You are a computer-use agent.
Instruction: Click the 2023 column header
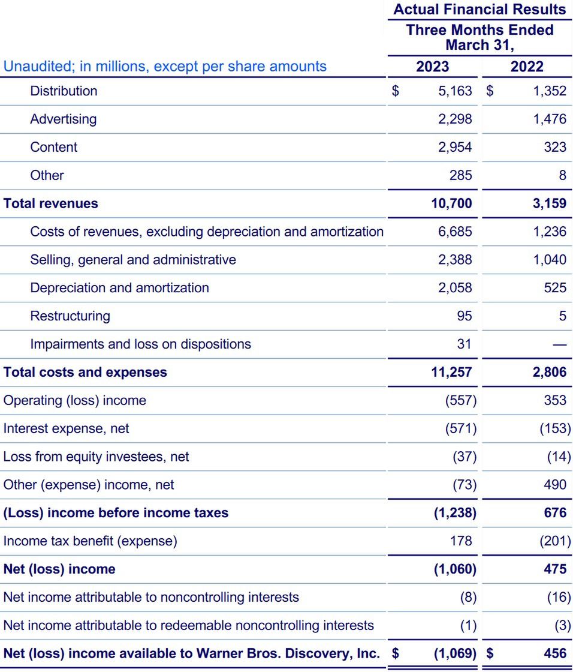click(x=432, y=66)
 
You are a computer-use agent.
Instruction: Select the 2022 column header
click(x=527, y=66)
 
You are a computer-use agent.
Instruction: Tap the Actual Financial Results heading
click(x=479, y=10)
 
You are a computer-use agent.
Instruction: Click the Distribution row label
click(x=64, y=91)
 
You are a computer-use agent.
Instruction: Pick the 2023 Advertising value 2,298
click(x=455, y=119)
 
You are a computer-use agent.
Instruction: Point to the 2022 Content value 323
click(x=554, y=148)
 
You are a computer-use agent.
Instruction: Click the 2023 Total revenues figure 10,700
click(x=451, y=204)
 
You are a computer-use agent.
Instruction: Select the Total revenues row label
click(x=51, y=204)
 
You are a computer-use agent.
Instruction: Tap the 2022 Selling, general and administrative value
click(x=550, y=260)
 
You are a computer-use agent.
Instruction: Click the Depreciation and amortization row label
click(x=119, y=288)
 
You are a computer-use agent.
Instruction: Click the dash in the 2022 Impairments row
click(x=559, y=344)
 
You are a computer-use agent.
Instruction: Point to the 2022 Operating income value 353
click(x=554, y=400)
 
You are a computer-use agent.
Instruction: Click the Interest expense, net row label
click(x=66, y=428)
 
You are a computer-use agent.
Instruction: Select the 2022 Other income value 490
click(x=554, y=485)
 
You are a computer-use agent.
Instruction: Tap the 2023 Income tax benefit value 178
click(x=461, y=541)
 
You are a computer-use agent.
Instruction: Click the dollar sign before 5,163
click(x=395, y=91)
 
